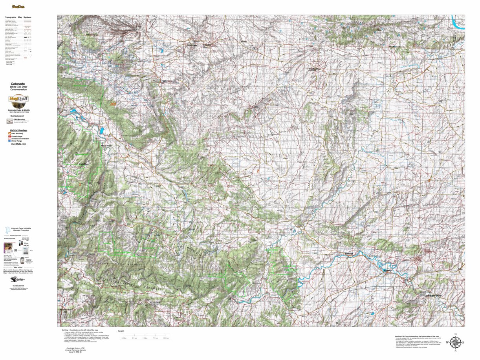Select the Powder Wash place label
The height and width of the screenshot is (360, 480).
(315, 69)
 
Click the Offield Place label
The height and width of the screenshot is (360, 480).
(192, 45)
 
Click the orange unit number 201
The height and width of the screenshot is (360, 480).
(114, 104)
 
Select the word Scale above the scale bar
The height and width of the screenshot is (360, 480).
(121, 331)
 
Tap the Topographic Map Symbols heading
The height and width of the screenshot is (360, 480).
(18, 18)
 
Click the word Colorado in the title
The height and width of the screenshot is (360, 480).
(18, 84)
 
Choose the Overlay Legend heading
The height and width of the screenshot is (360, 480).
(17, 116)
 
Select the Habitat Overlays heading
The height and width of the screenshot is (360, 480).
(18, 130)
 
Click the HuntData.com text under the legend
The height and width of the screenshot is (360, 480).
(18, 144)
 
